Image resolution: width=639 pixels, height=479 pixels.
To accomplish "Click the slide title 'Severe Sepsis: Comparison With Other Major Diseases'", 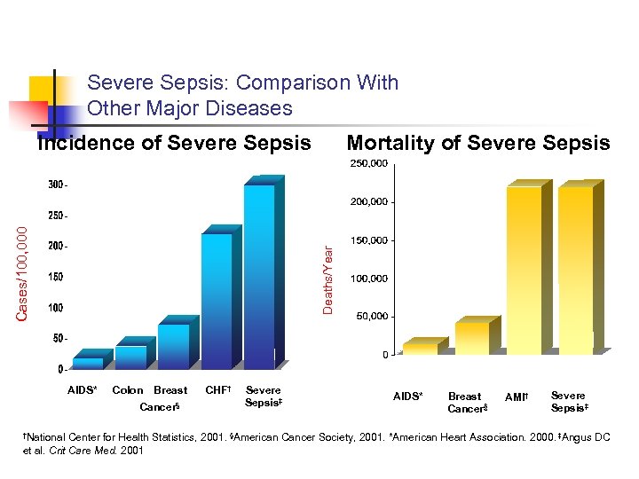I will (x=242, y=96).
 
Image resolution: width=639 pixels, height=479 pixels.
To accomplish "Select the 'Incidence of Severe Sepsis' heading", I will (x=174, y=143).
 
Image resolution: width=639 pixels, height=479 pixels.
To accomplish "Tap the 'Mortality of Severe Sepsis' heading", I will (x=477, y=143).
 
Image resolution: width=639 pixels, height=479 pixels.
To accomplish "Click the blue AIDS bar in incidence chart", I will (x=87, y=362).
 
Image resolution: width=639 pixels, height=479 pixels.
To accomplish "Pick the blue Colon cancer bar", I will (x=130, y=357).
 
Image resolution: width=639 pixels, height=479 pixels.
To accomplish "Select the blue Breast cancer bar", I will (x=173, y=346).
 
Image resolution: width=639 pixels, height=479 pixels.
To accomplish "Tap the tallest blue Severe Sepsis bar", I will (x=259, y=275).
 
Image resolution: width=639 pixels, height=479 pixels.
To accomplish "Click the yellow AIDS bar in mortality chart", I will (x=420, y=349).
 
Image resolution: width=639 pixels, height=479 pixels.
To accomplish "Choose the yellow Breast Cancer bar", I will (x=472, y=338).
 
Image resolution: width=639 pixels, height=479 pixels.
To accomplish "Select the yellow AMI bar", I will (x=524, y=271).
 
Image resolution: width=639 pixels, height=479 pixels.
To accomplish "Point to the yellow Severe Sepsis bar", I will (x=575, y=271).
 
